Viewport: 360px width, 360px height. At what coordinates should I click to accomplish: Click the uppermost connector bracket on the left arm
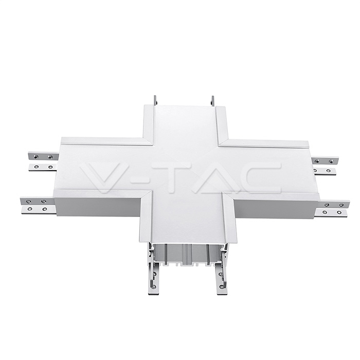click(x=40, y=156)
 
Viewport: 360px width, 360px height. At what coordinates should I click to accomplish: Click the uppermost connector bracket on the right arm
click(x=323, y=160)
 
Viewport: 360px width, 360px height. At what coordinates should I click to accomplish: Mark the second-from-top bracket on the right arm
click(x=325, y=171)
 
